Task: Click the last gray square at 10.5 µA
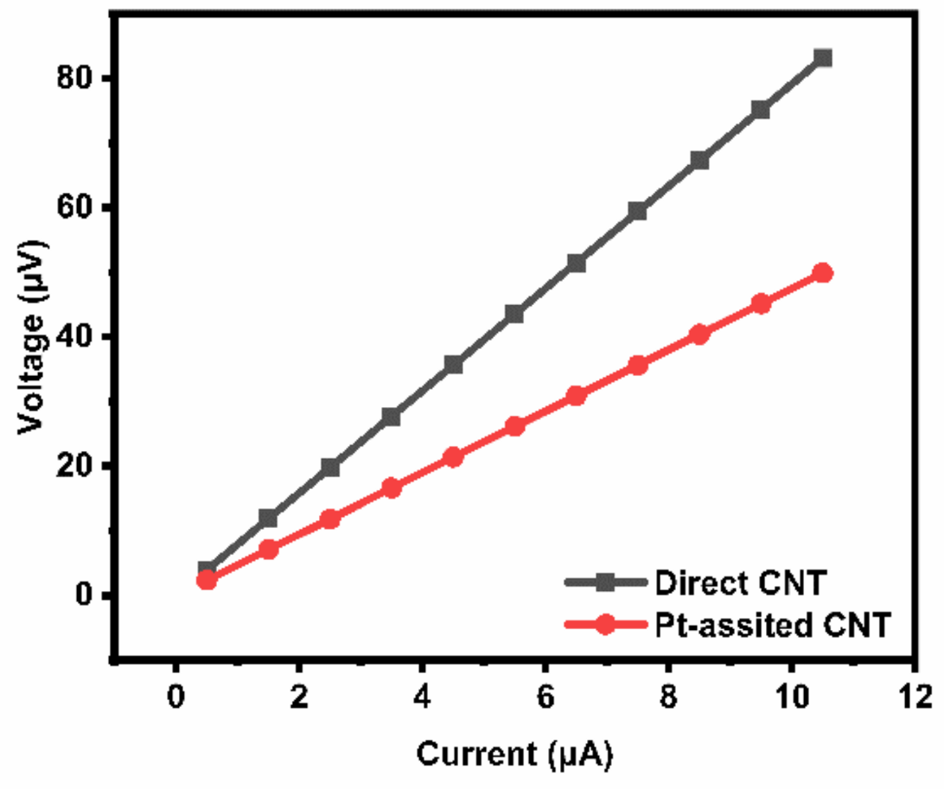pyautogui.click(x=823, y=58)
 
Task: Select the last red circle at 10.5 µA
pyautogui.click(x=823, y=273)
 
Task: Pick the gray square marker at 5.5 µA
pyautogui.click(x=515, y=314)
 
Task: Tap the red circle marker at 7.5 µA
pyautogui.click(x=638, y=366)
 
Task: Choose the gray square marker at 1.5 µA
pyautogui.click(x=268, y=519)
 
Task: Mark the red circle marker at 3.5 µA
pyautogui.click(x=392, y=488)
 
